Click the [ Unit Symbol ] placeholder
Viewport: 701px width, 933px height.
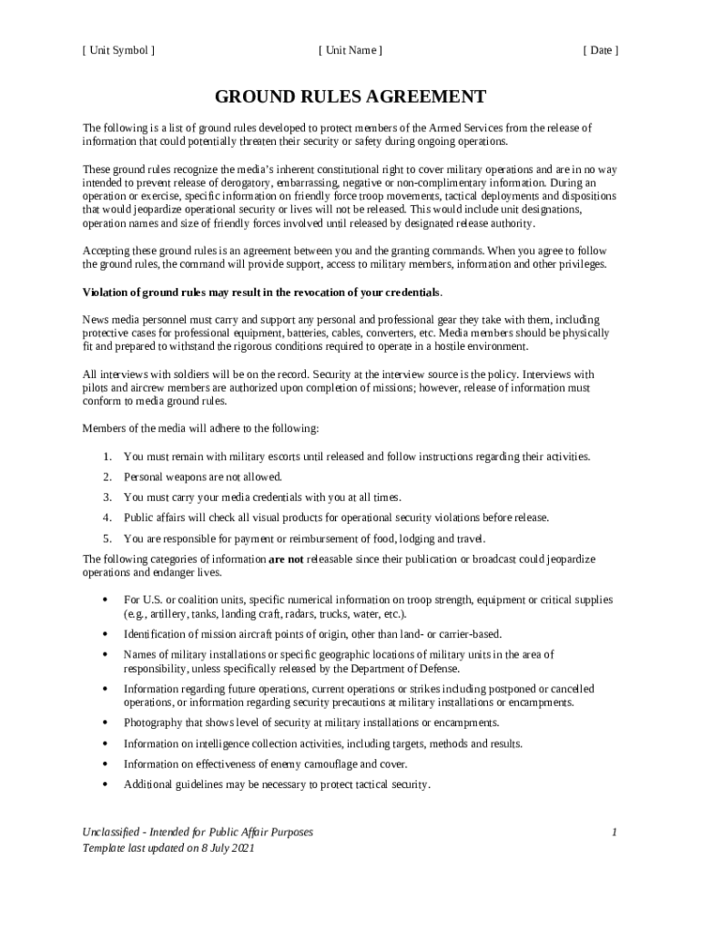pos(118,50)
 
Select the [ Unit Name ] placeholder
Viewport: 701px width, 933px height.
pos(350,50)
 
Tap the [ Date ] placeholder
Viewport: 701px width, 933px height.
pos(600,50)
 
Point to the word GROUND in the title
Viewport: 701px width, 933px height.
pos(252,97)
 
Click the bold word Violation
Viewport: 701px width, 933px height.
pos(107,292)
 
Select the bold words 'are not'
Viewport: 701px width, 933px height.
pos(287,559)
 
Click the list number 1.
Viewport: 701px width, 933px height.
pos(107,456)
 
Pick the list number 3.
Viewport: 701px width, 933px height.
pos(107,497)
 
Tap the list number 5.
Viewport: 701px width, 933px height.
pos(107,538)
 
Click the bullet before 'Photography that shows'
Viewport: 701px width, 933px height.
pos(107,723)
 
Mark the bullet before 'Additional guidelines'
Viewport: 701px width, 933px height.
pos(107,784)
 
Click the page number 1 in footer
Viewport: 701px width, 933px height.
pos(615,832)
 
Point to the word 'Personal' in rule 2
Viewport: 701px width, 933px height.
pos(143,477)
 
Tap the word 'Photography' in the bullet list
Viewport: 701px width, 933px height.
pos(152,723)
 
